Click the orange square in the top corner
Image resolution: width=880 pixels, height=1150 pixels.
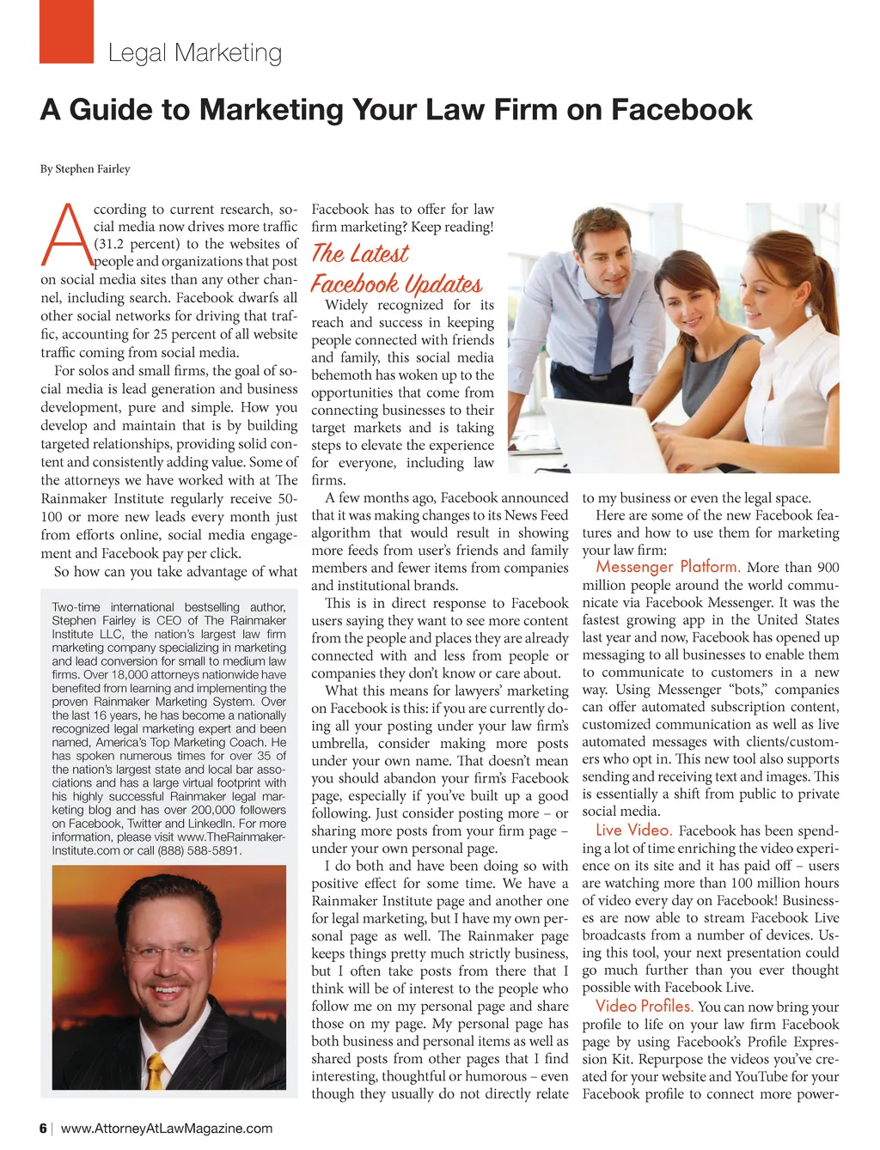(x=66, y=32)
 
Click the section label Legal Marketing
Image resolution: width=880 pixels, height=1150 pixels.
(x=195, y=53)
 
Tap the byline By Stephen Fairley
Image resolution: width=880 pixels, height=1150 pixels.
(x=85, y=169)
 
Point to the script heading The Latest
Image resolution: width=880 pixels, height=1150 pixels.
(x=359, y=253)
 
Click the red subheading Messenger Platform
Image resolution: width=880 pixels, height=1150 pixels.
(x=668, y=567)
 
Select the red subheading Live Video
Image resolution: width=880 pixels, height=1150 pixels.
(x=633, y=830)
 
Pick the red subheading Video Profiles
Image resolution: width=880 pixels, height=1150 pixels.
(x=644, y=1006)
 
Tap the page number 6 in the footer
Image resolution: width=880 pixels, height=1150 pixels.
(x=43, y=1129)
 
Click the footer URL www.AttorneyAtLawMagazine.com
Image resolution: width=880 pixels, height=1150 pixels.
(x=167, y=1129)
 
